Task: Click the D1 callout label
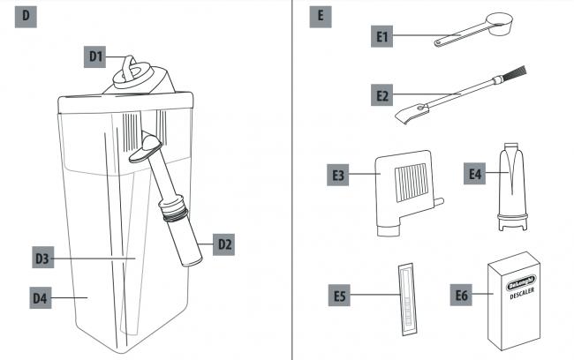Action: (x=94, y=56)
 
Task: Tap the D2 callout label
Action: (x=223, y=244)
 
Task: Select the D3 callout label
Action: (x=43, y=258)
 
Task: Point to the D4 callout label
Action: (x=41, y=298)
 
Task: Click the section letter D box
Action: (x=26, y=17)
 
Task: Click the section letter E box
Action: (x=321, y=17)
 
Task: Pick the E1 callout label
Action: (x=381, y=36)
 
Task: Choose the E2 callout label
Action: (x=381, y=95)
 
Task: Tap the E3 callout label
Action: (x=337, y=175)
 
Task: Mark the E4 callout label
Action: (x=474, y=174)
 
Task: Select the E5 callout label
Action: (x=339, y=296)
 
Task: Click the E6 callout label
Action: (x=461, y=295)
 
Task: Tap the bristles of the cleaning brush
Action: (x=515, y=73)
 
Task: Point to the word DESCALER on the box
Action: (x=522, y=294)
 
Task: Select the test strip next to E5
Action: (x=407, y=299)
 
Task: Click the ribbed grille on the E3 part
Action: (x=412, y=182)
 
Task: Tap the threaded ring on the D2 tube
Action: (x=176, y=214)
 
